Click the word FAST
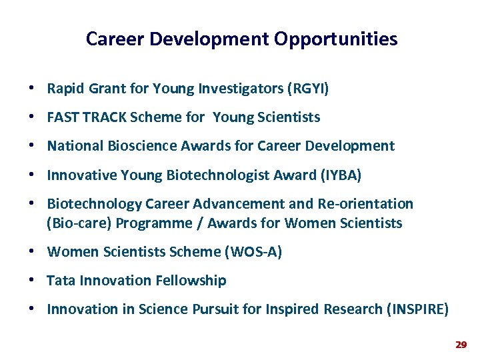(63, 117)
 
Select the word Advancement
(235, 204)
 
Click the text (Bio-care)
(78, 223)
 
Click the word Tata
(61, 281)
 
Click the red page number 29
(460, 345)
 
